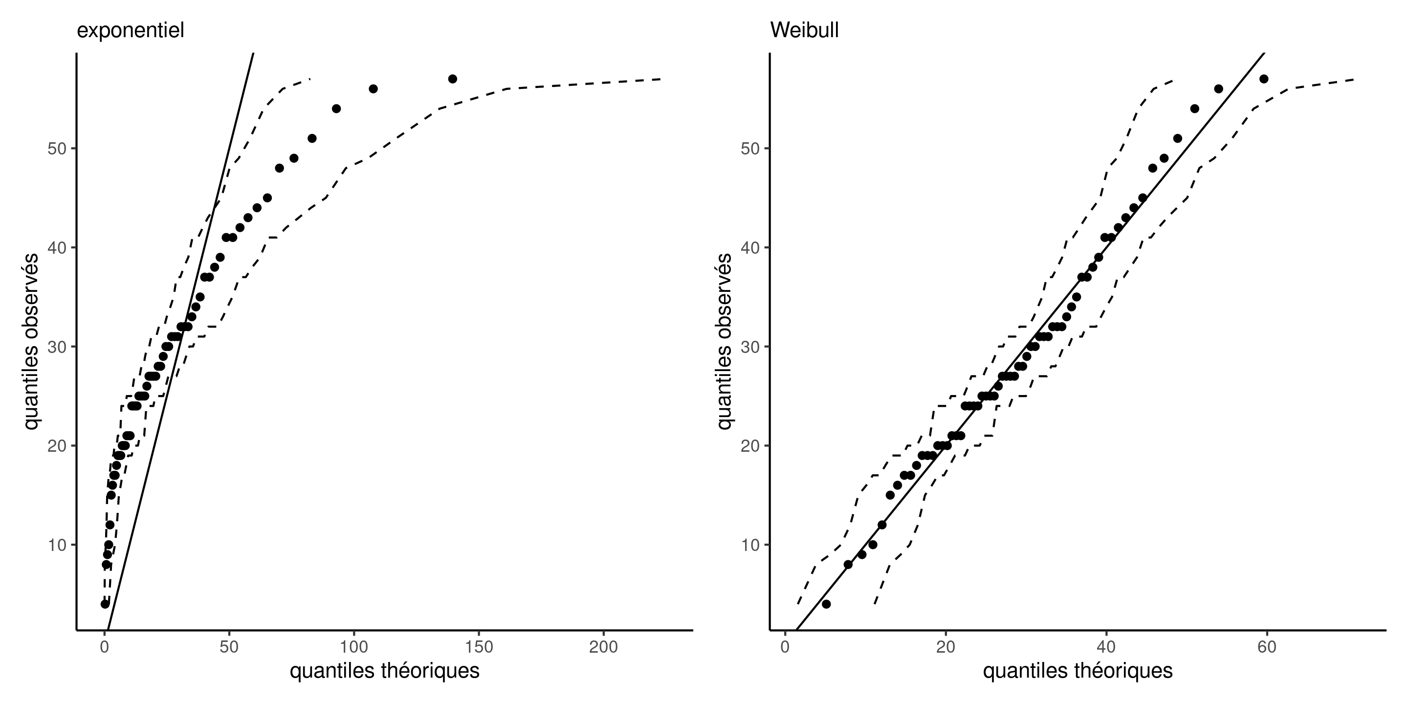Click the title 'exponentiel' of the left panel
pyautogui.click(x=130, y=31)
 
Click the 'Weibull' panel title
pyautogui.click(x=804, y=31)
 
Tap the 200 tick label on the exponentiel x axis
pyautogui.click(x=603, y=647)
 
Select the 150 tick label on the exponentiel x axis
pyautogui.click(x=478, y=647)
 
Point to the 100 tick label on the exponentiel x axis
pyautogui.click(x=353, y=647)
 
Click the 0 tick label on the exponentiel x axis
pyautogui.click(x=105, y=647)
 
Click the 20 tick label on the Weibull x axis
pyautogui.click(x=946, y=647)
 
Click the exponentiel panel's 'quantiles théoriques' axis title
pyautogui.click(x=384, y=671)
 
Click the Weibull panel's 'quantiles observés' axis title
pyautogui.click(x=724, y=342)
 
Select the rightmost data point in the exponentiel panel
pyautogui.click(x=453, y=79)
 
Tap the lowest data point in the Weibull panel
pyautogui.click(x=826, y=604)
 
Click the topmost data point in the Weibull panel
pyautogui.click(x=1264, y=79)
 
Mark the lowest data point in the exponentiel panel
pyautogui.click(x=105, y=604)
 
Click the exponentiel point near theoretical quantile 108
pyautogui.click(x=374, y=88)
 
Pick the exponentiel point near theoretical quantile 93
pyautogui.click(x=336, y=109)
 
